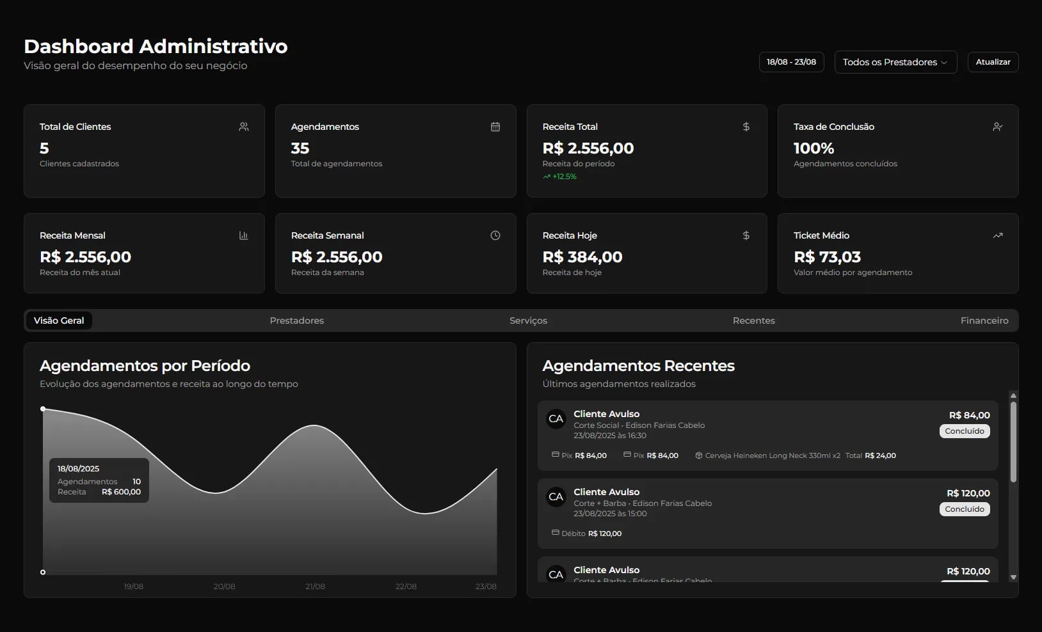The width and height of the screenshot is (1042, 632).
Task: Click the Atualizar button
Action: coord(993,62)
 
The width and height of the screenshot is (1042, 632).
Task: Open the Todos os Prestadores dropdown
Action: coord(895,62)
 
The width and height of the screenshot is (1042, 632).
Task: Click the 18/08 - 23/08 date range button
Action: coord(791,62)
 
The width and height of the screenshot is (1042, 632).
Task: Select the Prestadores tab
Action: coord(296,320)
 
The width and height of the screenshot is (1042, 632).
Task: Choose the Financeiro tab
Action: coord(984,320)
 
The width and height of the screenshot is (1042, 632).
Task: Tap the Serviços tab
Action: coord(528,320)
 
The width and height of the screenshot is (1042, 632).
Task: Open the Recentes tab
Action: coord(753,320)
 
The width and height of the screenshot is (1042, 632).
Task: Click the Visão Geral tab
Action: coord(59,320)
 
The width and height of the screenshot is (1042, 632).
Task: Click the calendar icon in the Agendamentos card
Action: coord(495,127)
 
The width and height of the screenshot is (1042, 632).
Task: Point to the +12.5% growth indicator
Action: coord(560,177)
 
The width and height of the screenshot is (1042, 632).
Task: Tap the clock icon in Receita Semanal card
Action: coord(495,235)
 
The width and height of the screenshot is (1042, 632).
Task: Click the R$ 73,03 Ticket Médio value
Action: coord(827,257)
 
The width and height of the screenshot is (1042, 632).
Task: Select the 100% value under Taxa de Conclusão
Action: coord(814,148)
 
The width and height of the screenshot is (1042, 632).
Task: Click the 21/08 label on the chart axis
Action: coord(315,587)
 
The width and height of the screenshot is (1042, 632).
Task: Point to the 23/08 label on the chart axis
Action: coord(485,587)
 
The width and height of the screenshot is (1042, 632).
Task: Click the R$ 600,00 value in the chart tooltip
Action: coord(121,492)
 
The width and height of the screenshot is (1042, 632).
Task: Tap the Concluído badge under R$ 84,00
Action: coord(964,431)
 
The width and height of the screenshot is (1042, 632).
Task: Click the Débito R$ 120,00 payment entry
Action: coord(586,533)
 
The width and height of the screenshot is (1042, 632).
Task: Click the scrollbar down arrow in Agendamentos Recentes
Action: coord(1013,577)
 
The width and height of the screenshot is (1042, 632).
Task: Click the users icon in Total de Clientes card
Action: coord(244,127)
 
